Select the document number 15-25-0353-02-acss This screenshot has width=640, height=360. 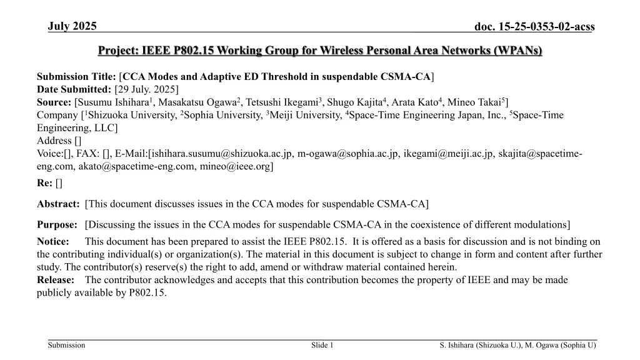[534, 26]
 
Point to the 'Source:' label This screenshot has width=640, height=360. [54, 102]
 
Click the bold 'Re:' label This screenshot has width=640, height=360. [45, 183]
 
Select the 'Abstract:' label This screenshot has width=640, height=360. [58, 204]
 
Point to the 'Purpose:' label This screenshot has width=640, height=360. [57, 224]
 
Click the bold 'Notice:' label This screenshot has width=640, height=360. [54, 242]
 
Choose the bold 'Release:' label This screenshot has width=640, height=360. [56, 280]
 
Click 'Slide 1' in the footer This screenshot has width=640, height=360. [322, 346]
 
